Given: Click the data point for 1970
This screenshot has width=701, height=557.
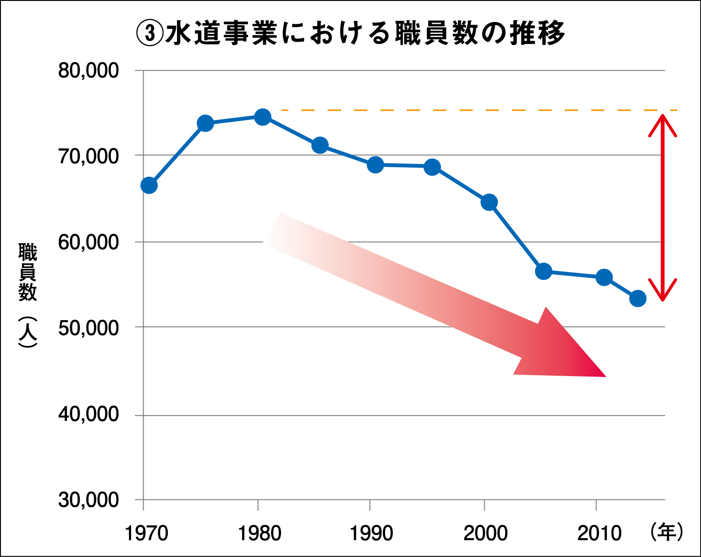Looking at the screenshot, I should click(x=149, y=186).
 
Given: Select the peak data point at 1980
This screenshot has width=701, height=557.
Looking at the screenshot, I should click(x=263, y=117).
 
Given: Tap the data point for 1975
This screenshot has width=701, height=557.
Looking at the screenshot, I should click(x=205, y=123).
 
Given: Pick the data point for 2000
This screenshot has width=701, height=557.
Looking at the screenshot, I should click(x=489, y=202).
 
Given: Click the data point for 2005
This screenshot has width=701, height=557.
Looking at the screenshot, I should click(x=543, y=271).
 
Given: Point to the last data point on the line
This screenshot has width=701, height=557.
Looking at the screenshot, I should click(x=638, y=299).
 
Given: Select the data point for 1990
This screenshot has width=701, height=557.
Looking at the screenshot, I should click(x=375, y=164).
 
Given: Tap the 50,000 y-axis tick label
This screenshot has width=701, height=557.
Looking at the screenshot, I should click(x=88, y=328).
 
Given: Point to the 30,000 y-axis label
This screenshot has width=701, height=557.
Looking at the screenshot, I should click(x=88, y=500).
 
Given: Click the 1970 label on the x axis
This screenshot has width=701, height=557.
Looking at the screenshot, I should click(x=147, y=533).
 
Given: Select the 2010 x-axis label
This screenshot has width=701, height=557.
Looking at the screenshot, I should click(x=599, y=533).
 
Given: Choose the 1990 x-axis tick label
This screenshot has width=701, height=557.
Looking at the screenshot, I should click(x=371, y=533).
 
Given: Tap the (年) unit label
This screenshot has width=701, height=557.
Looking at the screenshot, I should click(x=666, y=532).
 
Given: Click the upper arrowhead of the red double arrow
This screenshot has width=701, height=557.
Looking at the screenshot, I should click(x=662, y=119).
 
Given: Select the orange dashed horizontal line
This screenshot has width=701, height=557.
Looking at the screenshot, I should click(x=458, y=110).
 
